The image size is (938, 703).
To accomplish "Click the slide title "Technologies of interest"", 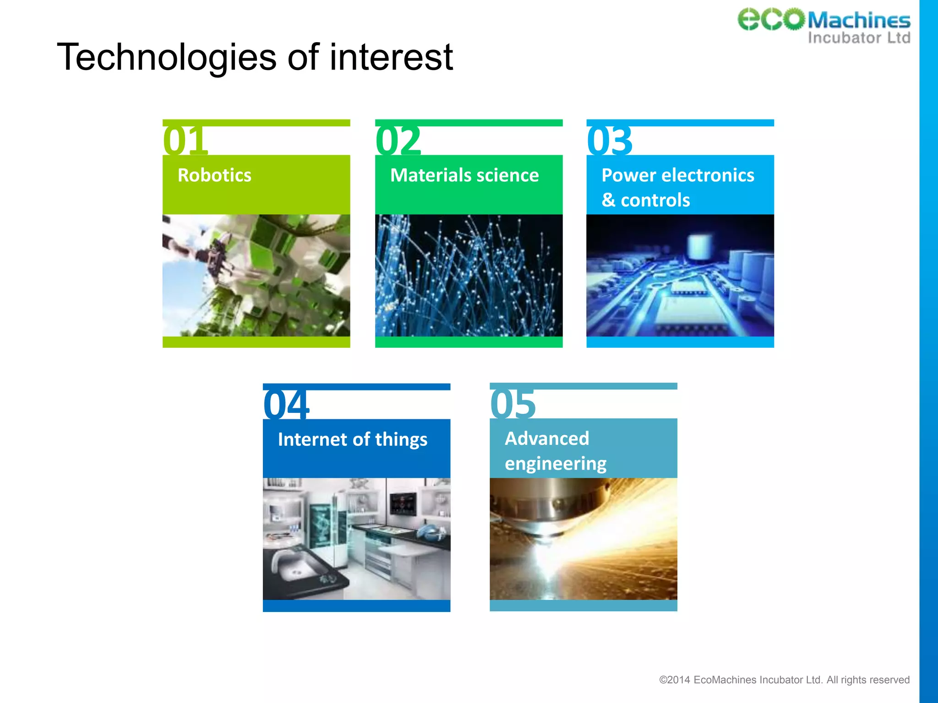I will [x=255, y=57].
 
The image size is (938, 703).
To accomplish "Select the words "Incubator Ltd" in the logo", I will [x=859, y=38].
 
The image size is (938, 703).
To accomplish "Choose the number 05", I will [x=513, y=404].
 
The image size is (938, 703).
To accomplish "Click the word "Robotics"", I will [x=214, y=175].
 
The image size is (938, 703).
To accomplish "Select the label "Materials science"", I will [x=464, y=175].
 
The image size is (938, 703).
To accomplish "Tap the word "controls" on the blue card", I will [x=655, y=200].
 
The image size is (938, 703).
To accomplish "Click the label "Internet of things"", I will [x=352, y=439].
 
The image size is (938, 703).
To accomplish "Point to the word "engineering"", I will [x=556, y=464].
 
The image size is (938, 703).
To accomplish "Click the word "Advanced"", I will [x=547, y=438].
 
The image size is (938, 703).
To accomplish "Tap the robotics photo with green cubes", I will [x=256, y=276].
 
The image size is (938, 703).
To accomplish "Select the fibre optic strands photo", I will [x=469, y=276].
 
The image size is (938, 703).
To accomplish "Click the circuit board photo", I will [x=680, y=276].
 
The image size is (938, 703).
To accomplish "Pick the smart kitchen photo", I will [x=356, y=539].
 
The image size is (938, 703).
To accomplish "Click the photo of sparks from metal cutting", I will [x=583, y=539].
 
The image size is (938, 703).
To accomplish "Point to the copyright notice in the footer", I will [x=784, y=680].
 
